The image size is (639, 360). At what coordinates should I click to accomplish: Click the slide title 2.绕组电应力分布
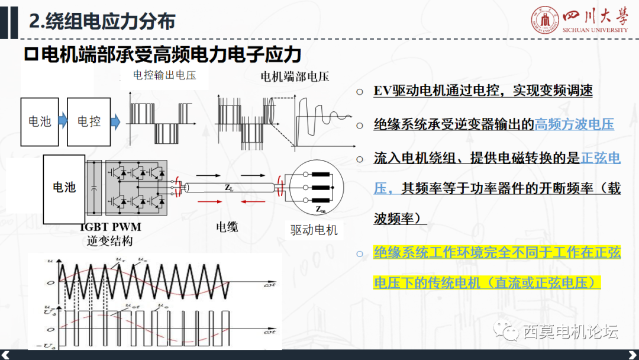pos(102,22)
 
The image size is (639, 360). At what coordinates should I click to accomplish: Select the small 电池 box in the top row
pos(40,122)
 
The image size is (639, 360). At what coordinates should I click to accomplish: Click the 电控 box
pos(89,122)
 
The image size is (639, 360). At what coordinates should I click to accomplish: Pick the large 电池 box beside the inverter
pos(64,187)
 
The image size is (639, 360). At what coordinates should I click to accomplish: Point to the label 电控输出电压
pos(164,75)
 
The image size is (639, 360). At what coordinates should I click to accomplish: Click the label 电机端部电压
pos(295,76)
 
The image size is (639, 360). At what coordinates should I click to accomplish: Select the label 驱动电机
pos(314,230)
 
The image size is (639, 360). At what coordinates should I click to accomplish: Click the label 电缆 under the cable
pos(227,227)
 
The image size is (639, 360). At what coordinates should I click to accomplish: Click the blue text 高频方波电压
pos(574,124)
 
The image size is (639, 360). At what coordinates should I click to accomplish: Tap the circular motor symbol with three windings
pos(314,188)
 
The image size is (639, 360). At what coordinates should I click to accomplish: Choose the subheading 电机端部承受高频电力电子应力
pos(163,54)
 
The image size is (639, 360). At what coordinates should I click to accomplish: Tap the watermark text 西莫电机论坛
pos(570,332)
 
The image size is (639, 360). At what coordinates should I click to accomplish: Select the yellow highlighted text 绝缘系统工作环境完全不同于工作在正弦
pos(497,253)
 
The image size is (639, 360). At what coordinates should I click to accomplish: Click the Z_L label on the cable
pos(228,187)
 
